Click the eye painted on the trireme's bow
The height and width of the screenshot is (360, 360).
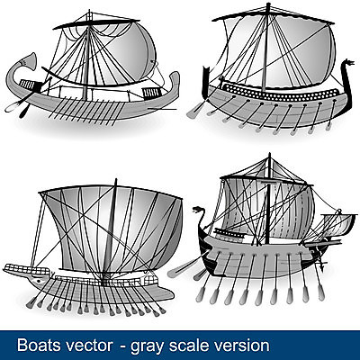click(x=38, y=282)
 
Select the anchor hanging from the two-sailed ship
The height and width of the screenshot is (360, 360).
click(x=321, y=265)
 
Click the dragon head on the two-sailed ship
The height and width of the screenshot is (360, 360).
click(x=199, y=211)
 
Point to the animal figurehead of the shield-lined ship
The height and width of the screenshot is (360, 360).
click(x=348, y=64)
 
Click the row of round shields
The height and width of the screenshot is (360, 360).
click(x=281, y=93)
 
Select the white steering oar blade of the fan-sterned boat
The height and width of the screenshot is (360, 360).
click(x=12, y=106)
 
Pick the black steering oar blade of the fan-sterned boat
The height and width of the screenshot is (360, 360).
click(x=23, y=112)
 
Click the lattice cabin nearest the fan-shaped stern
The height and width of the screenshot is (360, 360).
click(x=27, y=85)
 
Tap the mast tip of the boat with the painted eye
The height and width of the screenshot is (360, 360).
click(x=116, y=180)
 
